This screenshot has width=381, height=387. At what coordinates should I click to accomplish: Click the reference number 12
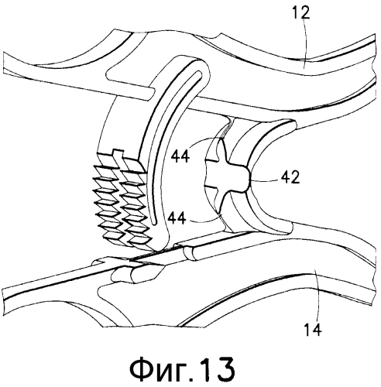(x=301, y=12)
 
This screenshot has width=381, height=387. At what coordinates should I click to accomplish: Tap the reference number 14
(x=313, y=329)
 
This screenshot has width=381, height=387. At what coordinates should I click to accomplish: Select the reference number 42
(x=290, y=177)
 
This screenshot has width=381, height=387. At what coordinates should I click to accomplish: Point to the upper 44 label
(x=180, y=156)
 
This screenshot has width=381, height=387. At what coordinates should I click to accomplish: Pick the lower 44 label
(x=177, y=218)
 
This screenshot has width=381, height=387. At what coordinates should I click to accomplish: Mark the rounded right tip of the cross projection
(x=247, y=177)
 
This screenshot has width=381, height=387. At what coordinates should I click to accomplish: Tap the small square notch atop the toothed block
(x=117, y=153)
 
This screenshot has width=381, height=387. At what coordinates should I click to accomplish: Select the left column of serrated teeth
(x=108, y=200)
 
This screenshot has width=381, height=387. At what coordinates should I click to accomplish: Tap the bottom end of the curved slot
(x=154, y=223)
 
